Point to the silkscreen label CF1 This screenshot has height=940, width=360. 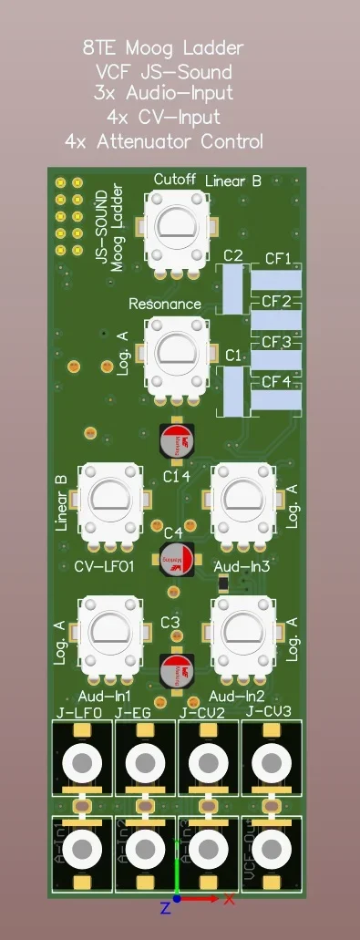click(277, 259)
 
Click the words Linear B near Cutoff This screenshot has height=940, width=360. click(233, 181)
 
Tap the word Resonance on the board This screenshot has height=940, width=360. click(165, 304)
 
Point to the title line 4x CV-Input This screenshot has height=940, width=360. click(163, 117)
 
